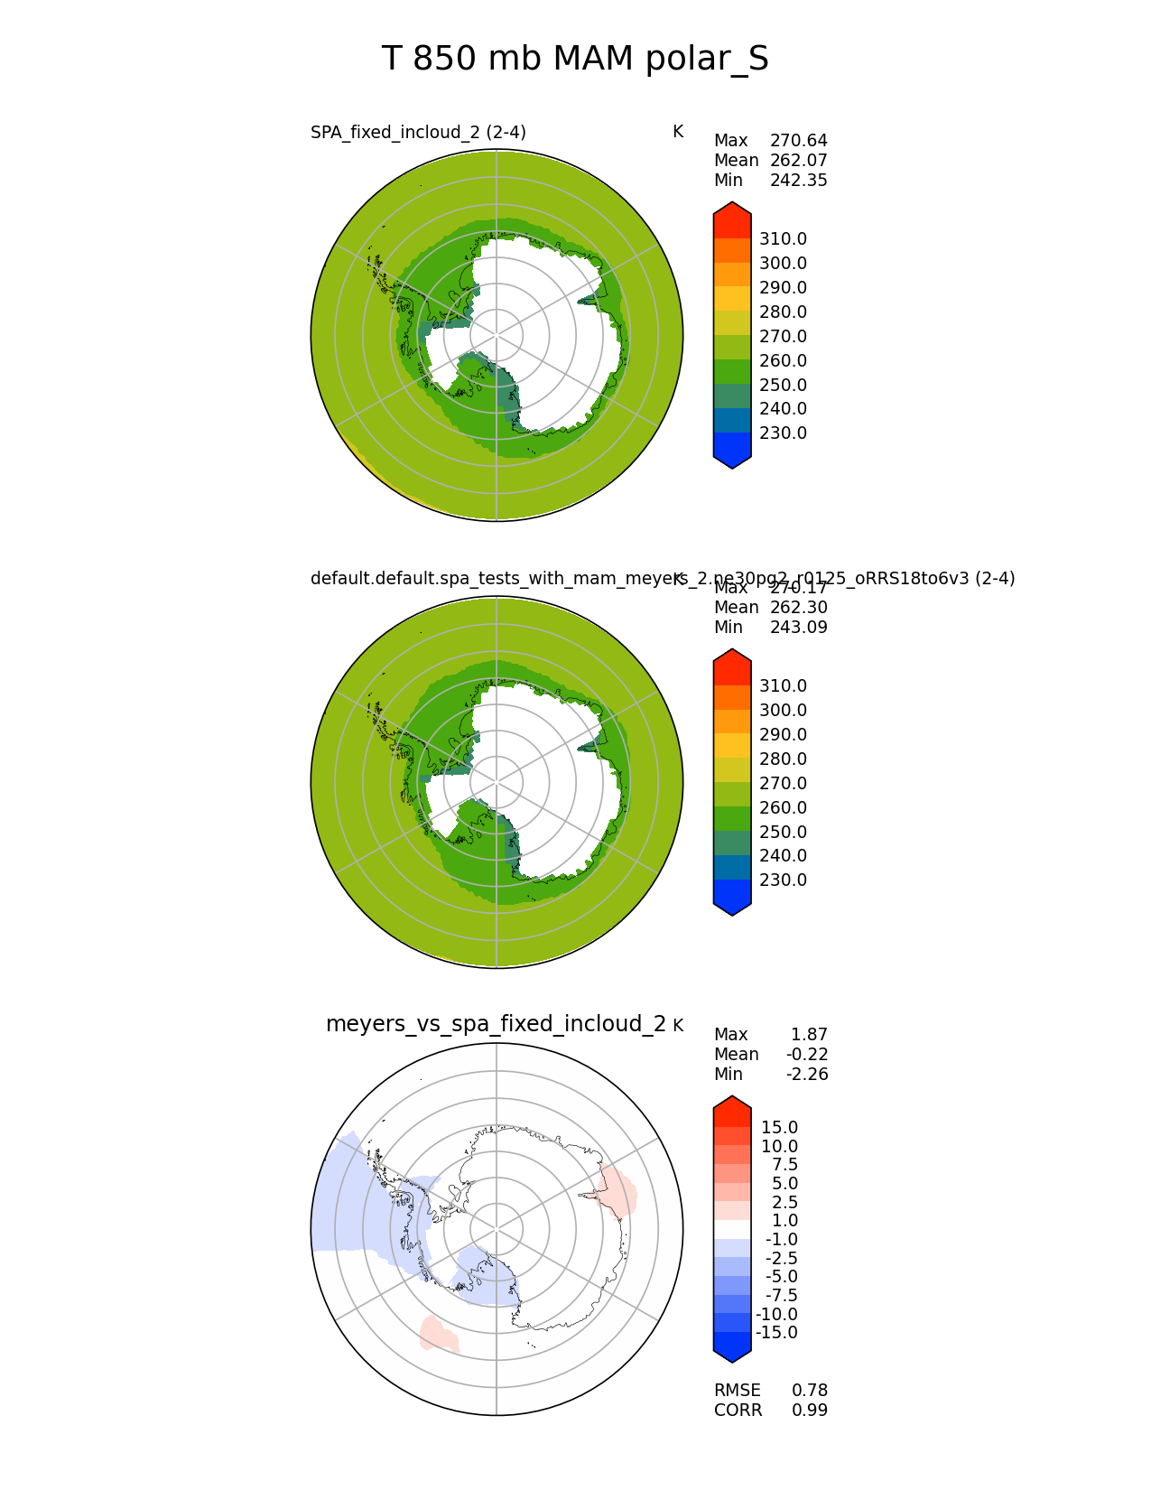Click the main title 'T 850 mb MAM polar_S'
tap(575, 60)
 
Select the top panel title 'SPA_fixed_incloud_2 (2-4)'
tap(418, 133)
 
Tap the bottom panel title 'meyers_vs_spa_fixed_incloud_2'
tap(496, 1024)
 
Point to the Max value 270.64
tap(798, 141)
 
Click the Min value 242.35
tap(798, 181)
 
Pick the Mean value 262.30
tap(798, 608)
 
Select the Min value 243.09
tap(798, 628)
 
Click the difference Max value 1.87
tap(809, 1035)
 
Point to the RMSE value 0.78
tap(810, 1391)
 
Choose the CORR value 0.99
tap(810, 1411)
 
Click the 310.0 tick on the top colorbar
tap(783, 239)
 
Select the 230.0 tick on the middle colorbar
tap(783, 880)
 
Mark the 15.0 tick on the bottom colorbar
tap(779, 1128)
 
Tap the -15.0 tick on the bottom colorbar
tap(776, 1333)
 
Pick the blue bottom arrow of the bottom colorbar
tap(732, 1347)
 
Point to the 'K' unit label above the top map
tap(678, 133)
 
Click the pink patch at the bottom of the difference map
tap(438, 1334)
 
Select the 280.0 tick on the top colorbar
tap(783, 312)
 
